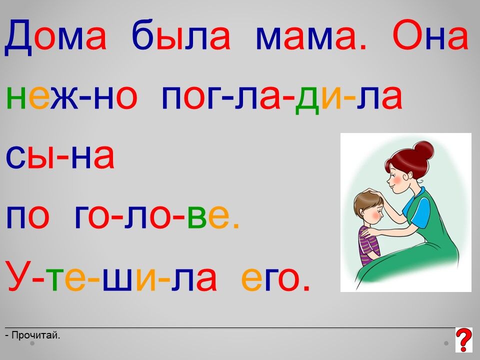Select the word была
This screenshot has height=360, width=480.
[181, 34]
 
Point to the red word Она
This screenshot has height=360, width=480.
[430, 35]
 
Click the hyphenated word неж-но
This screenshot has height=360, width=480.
[71, 97]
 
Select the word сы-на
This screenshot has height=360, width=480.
[60, 156]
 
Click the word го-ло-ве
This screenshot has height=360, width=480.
[156, 216]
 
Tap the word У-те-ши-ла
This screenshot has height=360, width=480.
[112, 275]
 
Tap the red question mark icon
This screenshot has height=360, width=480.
[464, 339]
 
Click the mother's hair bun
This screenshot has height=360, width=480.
[423, 150]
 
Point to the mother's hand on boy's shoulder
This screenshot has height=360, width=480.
[367, 233]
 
